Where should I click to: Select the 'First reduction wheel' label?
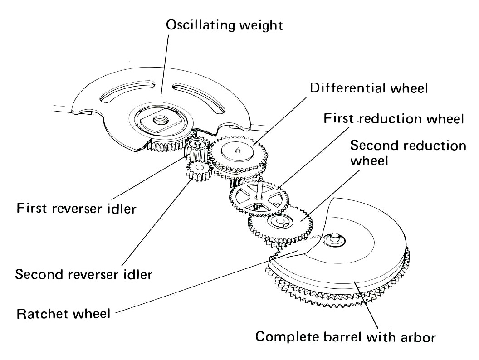pyautogui.click(x=394, y=119)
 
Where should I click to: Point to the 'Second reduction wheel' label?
pyautogui.click(x=408, y=153)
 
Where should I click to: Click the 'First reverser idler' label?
pyautogui.click(x=76, y=209)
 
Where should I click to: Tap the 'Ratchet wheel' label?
pyautogui.click(x=63, y=313)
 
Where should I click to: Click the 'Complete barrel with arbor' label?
pyautogui.click(x=345, y=337)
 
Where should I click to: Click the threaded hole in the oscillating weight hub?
pyautogui.click(x=160, y=121)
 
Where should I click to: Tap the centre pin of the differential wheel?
pyautogui.click(x=239, y=149)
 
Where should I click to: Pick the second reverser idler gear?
pyautogui.click(x=198, y=171)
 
